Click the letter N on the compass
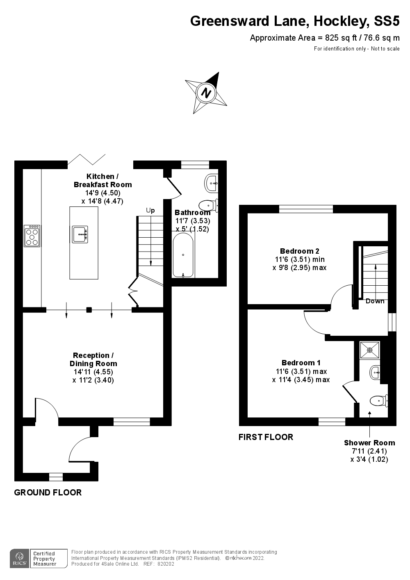click(x=206, y=92)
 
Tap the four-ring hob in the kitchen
click(x=32, y=236)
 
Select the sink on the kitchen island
click(x=80, y=234)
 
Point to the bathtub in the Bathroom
click(x=183, y=255)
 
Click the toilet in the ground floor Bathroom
click(x=209, y=206)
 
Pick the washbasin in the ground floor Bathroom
click(x=211, y=183)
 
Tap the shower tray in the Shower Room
click(x=370, y=350)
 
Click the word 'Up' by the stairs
click(x=150, y=210)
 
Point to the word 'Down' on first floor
click(x=375, y=301)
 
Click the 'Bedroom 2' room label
click(x=300, y=251)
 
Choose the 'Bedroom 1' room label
click(x=301, y=362)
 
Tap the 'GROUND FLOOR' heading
click(x=48, y=492)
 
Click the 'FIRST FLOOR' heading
click(x=266, y=437)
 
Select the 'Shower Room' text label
click(x=369, y=442)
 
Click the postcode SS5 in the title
click(x=387, y=21)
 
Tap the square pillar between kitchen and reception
click(x=89, y=309)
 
